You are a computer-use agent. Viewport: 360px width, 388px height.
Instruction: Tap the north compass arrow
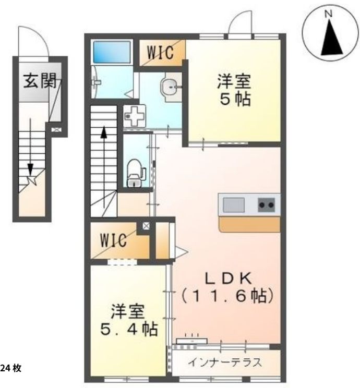330,39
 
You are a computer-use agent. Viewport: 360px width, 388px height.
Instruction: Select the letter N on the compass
329,14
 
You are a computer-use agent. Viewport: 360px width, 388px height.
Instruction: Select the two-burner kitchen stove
267,205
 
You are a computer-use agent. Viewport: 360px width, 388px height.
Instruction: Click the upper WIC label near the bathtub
159,52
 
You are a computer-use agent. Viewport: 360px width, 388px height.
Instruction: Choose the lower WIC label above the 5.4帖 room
113,241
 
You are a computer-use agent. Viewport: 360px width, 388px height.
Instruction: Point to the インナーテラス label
225,362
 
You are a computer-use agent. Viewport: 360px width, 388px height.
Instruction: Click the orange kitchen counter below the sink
249,224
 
